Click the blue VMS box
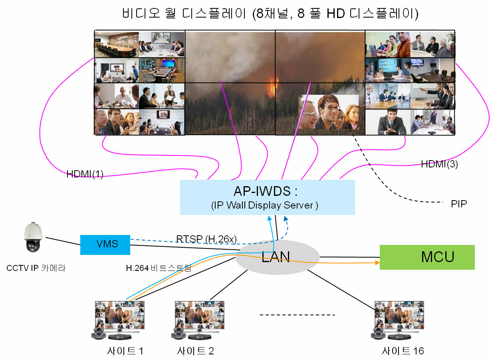click(105, 245)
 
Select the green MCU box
click(427, 257)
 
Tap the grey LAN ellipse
click(278, 257)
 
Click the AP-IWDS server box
click(267, 197)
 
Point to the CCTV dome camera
click(33, 237)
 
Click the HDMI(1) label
click(85, 174)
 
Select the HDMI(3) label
click(439, 164)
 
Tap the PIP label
click(459, 204)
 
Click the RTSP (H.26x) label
click(206, 239)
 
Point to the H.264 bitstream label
click(159, 268)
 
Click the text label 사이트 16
click(403, 351)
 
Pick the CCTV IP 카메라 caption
click(36, 268)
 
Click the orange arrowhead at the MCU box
click(377, 263)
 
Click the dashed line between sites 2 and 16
click(297, 315)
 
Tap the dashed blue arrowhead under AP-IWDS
click(286, 218)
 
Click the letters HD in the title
click(336, 14)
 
